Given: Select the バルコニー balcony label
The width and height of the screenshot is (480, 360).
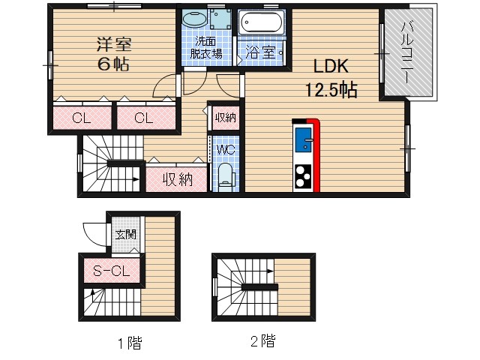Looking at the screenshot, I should [x=409, y=52].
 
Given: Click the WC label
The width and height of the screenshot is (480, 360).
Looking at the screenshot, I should [x=225, y=149].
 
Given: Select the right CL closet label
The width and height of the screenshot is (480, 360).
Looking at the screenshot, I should [x=145, y=118].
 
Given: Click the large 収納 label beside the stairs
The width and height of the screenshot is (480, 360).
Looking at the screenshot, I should [x=177, y=179].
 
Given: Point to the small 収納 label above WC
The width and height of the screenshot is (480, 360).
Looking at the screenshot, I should [x=225, y=117].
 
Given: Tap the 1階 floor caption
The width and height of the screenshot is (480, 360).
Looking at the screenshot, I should [x=129, y=344].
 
